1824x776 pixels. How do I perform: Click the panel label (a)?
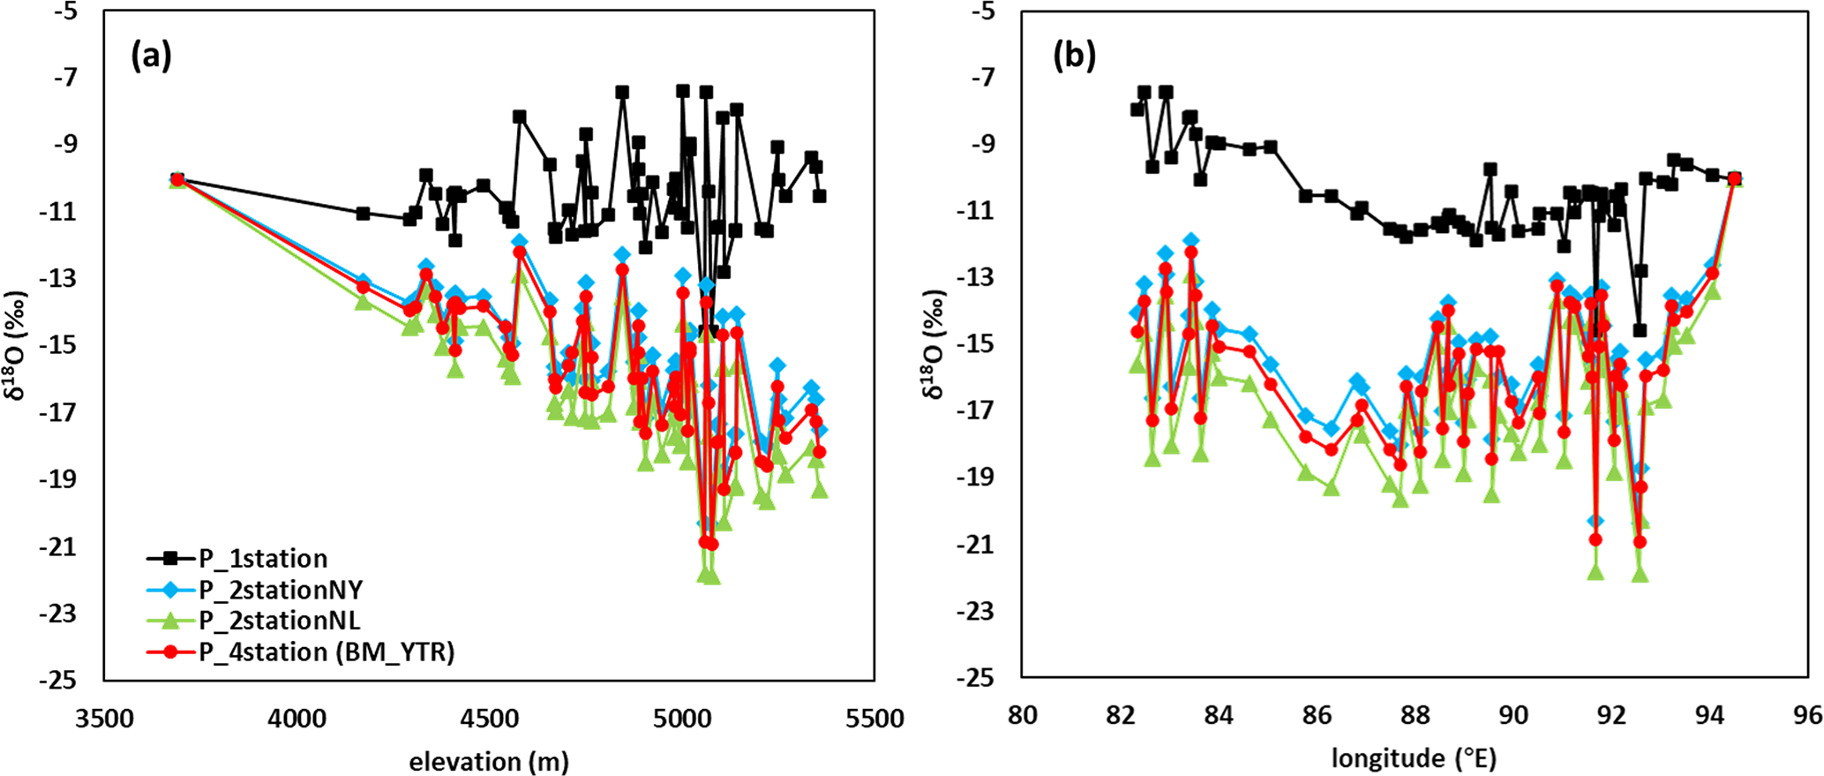pos(151,57)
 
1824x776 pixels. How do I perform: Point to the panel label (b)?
pos(1074,57)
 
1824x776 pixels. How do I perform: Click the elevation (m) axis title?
pos(488,761)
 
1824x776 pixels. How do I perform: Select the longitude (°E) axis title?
pos(1414,757)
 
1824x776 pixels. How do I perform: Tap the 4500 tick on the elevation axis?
pos(488,719)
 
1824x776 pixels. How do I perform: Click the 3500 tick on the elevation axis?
pos(104,719)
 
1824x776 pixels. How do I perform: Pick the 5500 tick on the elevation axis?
pos(874,719)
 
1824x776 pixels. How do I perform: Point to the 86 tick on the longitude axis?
pos(1317,715)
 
